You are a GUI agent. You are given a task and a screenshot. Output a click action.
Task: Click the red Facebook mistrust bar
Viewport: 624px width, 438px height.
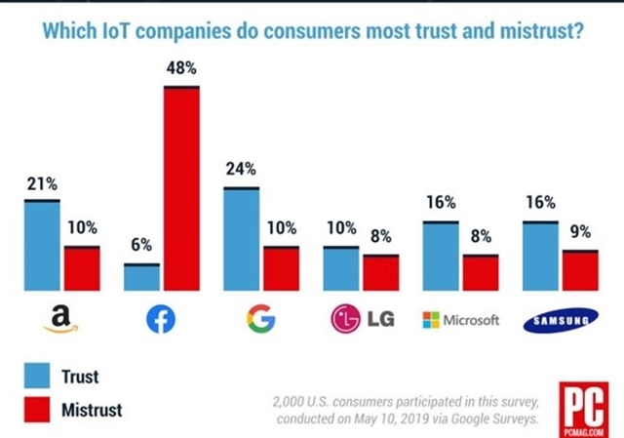(181, 188)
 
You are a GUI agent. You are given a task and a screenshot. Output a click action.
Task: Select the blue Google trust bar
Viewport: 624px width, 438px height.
(242, 239)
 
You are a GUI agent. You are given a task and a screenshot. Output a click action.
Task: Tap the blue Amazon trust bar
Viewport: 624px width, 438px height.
(42, 245)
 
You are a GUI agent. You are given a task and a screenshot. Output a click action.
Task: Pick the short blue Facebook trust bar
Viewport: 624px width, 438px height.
(141, 277)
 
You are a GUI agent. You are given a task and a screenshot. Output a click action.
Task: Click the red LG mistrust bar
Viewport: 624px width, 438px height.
(380, 273)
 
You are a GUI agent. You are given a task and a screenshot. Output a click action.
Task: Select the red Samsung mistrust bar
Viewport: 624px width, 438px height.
(580, 270)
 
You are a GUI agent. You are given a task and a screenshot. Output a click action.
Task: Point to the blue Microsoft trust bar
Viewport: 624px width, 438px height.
(441, 257)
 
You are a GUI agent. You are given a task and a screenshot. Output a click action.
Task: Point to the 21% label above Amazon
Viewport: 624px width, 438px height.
(42, 184)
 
